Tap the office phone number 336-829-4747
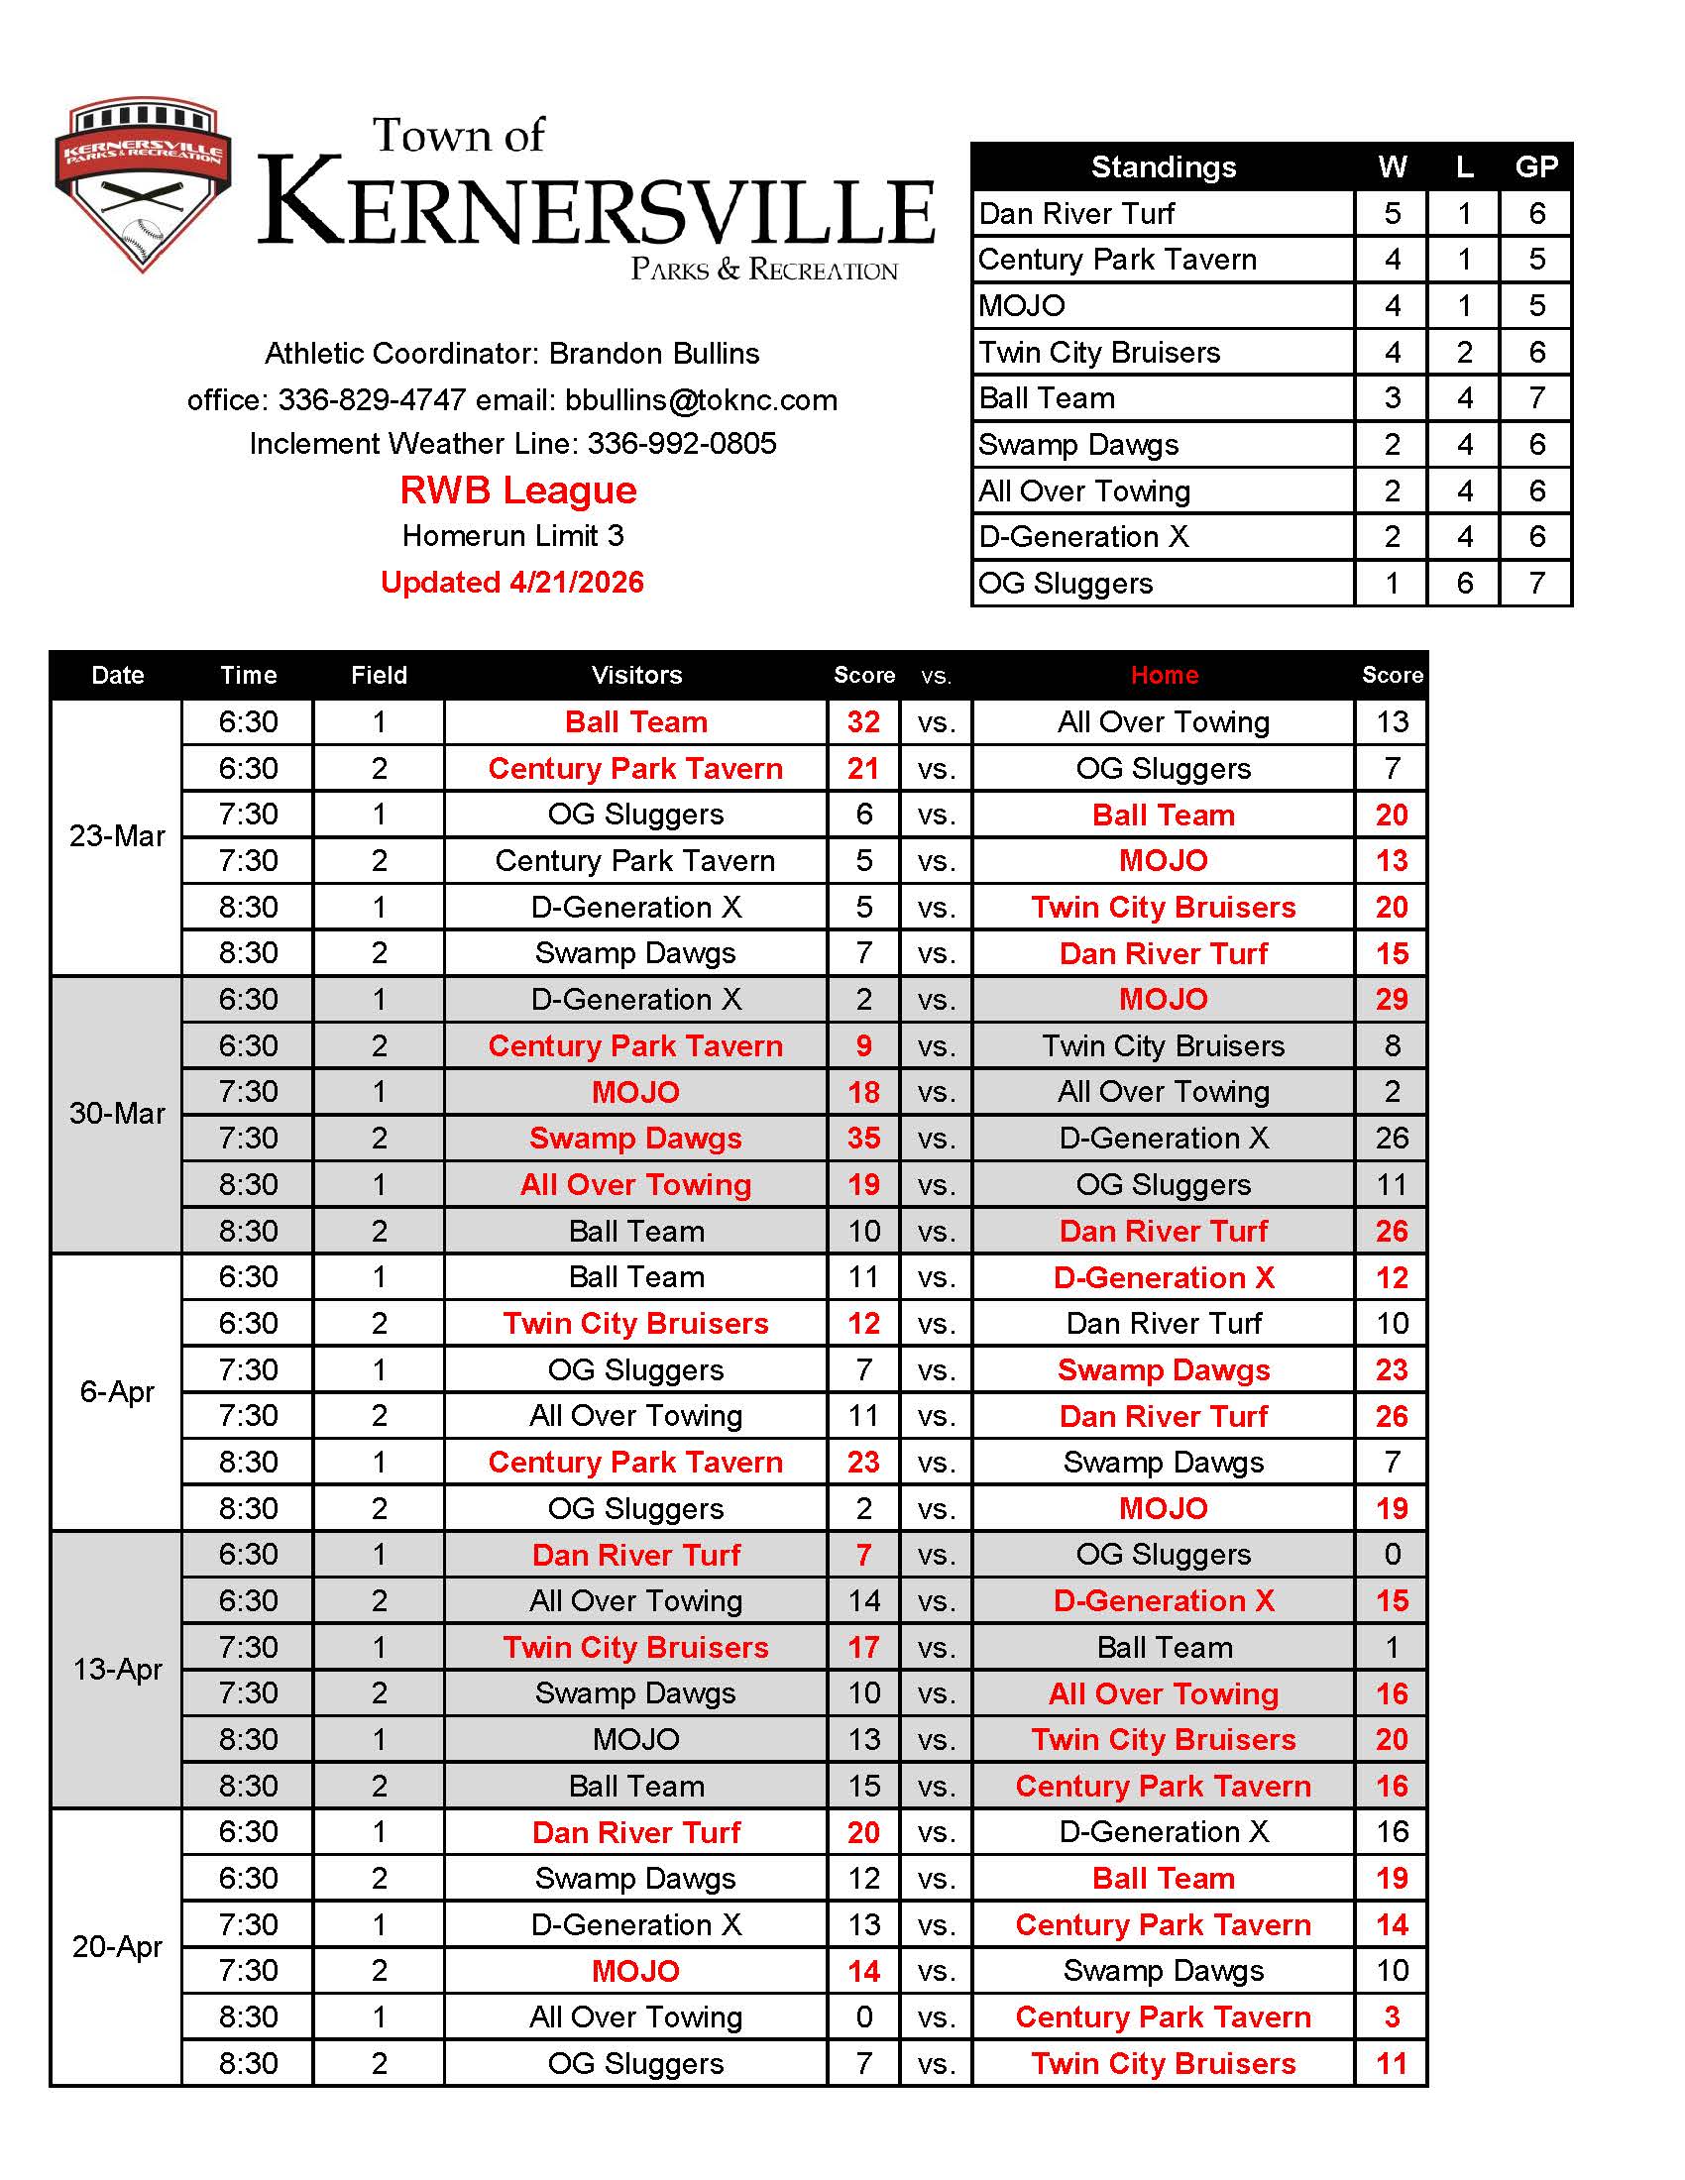372,400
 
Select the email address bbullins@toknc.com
701,400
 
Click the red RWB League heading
518,490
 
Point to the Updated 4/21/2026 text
512,582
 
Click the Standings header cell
1163,166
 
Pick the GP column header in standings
1535,166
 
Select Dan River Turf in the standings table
1076,214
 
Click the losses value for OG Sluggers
1463,583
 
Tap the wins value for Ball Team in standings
1392,398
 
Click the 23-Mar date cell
117,836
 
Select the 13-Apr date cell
117,1669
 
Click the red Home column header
1164,676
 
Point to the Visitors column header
636,676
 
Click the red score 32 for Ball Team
863,721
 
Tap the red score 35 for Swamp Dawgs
863,1138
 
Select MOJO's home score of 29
1392,999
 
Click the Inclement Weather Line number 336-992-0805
682,443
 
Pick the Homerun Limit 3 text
512,536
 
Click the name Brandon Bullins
654,354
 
